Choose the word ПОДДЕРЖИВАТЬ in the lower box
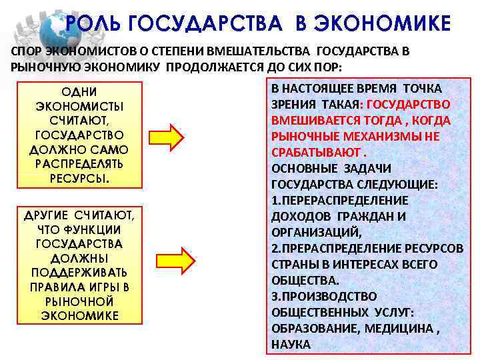79,273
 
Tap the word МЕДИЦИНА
397,328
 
